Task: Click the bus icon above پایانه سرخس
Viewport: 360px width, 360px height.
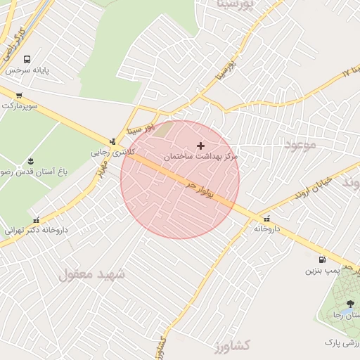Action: pos(27,60)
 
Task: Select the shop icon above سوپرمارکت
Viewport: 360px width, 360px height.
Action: pos(19,96)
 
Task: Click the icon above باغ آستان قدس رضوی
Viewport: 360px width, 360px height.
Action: pos(30,161)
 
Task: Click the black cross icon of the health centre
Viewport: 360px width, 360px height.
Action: pos(201,146)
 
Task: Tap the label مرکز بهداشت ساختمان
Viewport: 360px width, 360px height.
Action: pos(201,156)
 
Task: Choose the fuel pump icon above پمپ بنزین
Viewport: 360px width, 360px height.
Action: pos(322,259)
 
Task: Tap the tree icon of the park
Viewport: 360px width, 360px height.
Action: pos(350,304)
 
